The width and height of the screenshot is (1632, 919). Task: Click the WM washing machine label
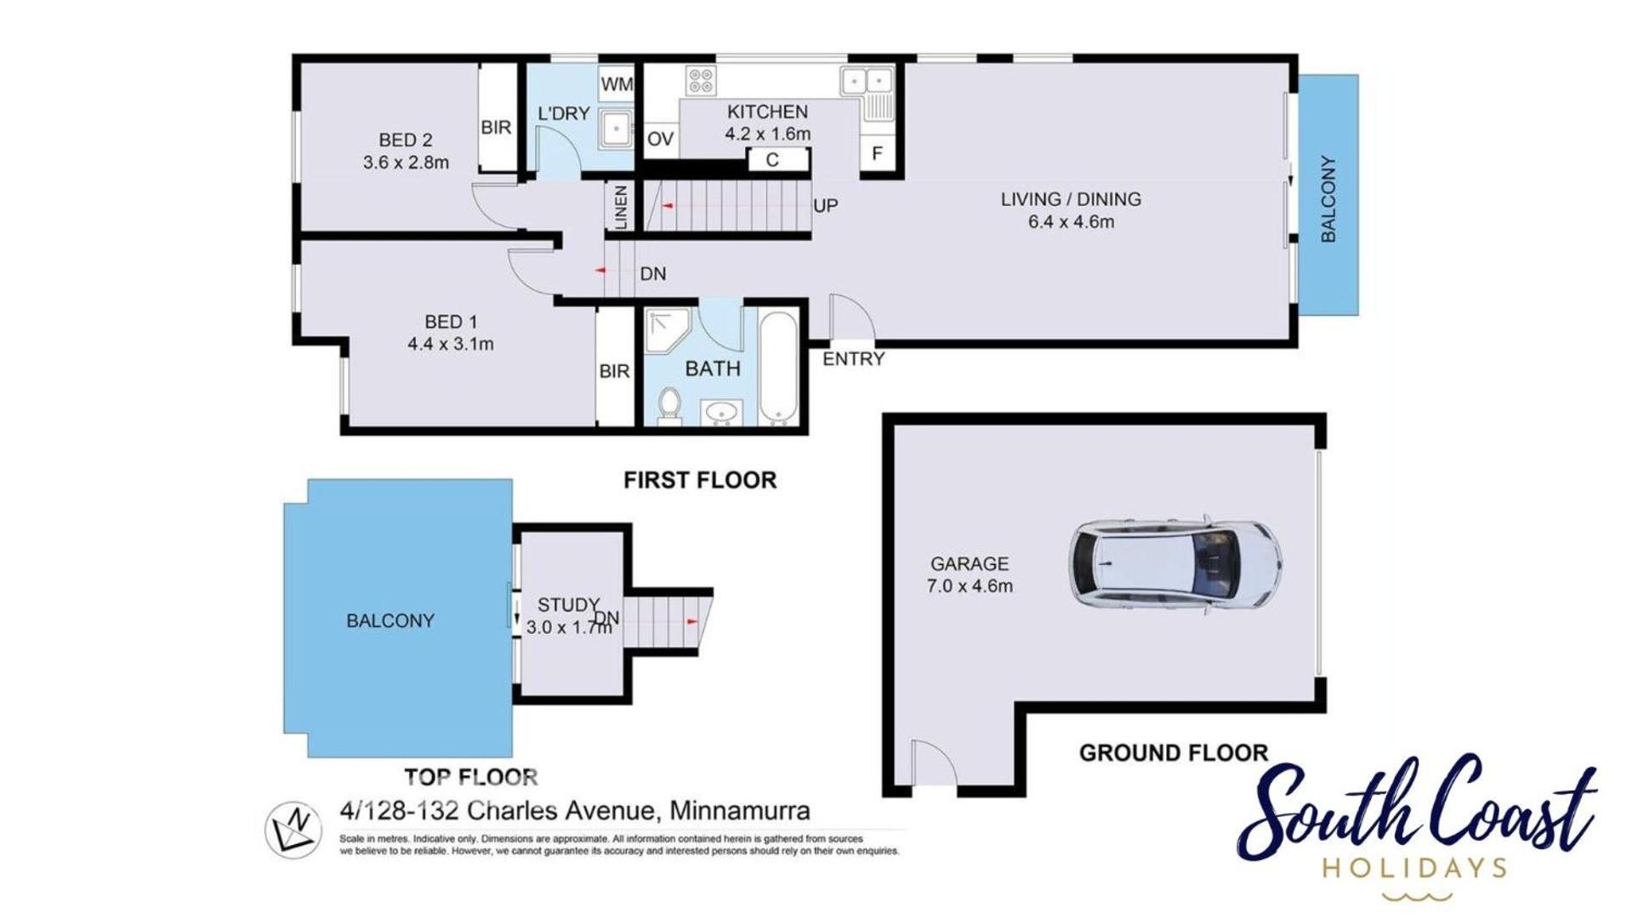point(617,84)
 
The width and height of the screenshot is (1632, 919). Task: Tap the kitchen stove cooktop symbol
point(702,81)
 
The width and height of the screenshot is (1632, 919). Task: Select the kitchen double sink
point(867,82)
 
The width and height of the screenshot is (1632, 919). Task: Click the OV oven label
point(661,140)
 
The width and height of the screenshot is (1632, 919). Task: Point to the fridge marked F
point(877,153)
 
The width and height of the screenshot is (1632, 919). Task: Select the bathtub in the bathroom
point(778,368)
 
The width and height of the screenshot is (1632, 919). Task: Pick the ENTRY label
point(854,359)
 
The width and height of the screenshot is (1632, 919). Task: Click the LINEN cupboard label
point(621,207)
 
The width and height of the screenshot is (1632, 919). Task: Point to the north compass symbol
point(293,830)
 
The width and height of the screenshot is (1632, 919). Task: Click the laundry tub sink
point(614,129)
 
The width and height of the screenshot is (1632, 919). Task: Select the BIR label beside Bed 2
point(496,128)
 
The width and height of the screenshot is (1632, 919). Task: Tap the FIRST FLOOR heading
point(700,480)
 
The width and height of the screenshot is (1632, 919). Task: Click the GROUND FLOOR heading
point(1174,752)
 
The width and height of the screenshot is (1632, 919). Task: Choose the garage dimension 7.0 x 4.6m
point(970,585)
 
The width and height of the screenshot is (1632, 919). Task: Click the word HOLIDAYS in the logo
point(1415,868)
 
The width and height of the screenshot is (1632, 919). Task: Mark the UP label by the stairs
point(825,206)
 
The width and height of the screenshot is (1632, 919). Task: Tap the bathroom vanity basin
point(721,413)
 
